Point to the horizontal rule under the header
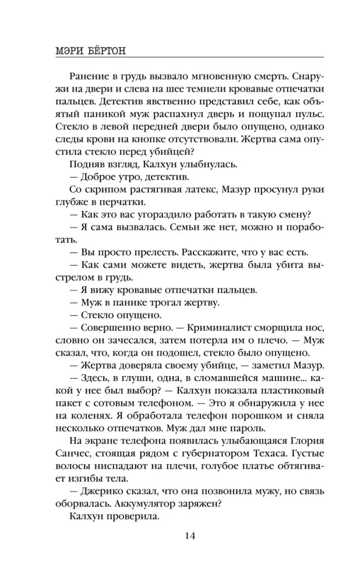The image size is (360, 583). pyautogui.click(x=179, y=57)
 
